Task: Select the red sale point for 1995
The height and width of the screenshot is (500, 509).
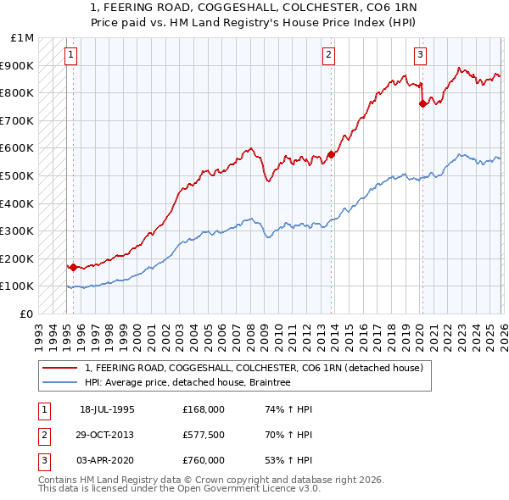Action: point(73,267)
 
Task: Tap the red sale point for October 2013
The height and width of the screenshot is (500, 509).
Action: point(331,154)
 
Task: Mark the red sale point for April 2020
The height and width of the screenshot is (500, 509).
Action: point(422,104)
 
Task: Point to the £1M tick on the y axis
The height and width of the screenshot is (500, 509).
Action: point(23,38)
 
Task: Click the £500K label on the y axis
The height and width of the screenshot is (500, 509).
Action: point(19,176)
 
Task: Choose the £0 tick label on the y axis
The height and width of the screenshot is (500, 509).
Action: point(28,314)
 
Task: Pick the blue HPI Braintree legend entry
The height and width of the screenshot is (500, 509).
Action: point(187,382)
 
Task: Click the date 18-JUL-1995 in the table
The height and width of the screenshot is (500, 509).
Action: point(107,409)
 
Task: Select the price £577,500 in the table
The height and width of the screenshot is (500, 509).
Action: point(204,435)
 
